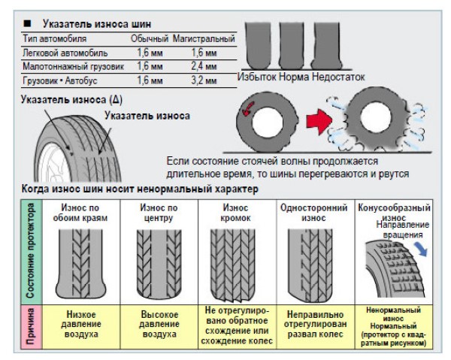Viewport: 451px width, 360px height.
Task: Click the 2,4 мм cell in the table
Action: tap(204, 66)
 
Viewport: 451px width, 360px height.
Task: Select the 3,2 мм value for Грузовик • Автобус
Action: tap(204, 80)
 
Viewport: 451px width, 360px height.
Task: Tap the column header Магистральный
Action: tap(204, 39)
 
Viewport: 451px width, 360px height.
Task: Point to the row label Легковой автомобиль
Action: tap(65, 53)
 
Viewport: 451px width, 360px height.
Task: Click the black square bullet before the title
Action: tap(27, 23)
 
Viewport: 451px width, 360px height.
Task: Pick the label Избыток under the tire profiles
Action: tap(257, 77)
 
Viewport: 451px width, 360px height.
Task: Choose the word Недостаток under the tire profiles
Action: tap(338, 77)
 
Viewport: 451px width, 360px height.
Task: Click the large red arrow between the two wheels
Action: tap(319, 121)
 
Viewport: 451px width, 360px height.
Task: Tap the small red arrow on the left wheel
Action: tap(248, 109)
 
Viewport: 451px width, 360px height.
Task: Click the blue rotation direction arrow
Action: tap(421, 249)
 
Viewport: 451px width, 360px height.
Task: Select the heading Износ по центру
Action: tap(159, 213)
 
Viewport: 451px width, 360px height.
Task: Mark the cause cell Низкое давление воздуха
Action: tap(81, 324)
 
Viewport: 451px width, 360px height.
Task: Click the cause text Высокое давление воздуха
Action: tap(159, 324)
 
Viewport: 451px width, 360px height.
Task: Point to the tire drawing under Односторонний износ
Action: tap(310, 265)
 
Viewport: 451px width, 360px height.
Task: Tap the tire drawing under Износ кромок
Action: tap(233, 265)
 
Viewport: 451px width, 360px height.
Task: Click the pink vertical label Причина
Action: tap(32, 326)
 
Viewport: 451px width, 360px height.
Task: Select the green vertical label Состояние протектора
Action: tap(31, 251)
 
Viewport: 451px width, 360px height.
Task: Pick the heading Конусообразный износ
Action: tap(394, 212)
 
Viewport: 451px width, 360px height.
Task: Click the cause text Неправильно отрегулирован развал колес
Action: tap(315, 324)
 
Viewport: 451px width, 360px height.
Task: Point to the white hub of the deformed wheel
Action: tap(376, 116)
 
